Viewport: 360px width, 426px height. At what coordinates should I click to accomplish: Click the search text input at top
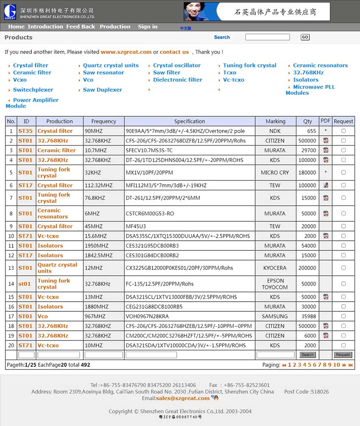(267, 37)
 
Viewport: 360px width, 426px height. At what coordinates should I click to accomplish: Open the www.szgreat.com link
(126, 52)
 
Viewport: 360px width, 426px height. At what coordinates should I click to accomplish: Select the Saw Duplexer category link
(102, 90)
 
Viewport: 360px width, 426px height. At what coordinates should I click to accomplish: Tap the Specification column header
(189, 121)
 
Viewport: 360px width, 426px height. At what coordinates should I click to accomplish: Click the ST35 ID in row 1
(25, 131)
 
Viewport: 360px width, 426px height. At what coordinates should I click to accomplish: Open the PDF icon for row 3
(326, 150)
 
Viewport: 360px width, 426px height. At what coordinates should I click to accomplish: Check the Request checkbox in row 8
(343, 213)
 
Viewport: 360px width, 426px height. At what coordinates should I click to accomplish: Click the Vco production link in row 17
(42, 316)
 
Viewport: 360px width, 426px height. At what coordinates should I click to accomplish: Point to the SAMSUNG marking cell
(275, 316)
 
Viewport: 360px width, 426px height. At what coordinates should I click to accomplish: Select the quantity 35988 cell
(308, 316)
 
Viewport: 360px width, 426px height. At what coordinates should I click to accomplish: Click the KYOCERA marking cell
(275, 268)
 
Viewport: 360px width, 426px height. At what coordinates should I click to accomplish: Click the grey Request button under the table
(343, 355)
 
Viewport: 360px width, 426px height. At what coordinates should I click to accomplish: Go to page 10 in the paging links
(336, 365)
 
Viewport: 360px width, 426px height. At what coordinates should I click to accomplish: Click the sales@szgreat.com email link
(183, 398)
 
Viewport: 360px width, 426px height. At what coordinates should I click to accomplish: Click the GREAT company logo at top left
(10, 11)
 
